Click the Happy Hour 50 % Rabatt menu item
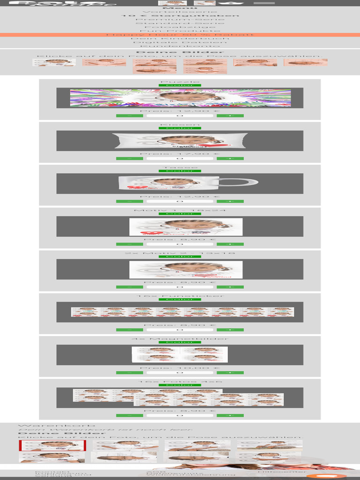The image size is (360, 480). [180, 35]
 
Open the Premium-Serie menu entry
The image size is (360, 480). [180, 19]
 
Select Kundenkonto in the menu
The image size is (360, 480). [180, 46]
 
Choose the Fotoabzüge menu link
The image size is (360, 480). [180, 27]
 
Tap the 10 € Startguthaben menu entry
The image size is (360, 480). [180, 15]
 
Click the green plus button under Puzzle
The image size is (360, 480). [230, 115]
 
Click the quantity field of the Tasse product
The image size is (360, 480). [180, 201]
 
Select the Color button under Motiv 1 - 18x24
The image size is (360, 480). [180, 214]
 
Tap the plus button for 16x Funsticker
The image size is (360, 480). [230, 330]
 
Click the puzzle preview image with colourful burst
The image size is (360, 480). [180, 98]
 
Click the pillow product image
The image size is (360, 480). [180, 141]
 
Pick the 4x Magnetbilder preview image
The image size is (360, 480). [180, 354]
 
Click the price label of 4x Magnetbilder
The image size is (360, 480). [180, 367]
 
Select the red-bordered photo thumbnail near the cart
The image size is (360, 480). [52, 444]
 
